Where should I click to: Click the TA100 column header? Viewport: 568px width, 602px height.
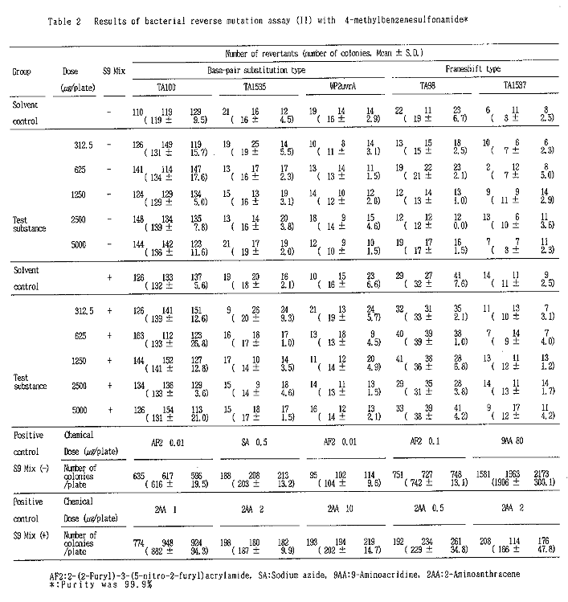coord(170,85)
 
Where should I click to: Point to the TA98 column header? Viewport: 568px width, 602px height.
coord(427,85)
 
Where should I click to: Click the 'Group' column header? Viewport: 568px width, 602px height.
coord(22,71)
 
